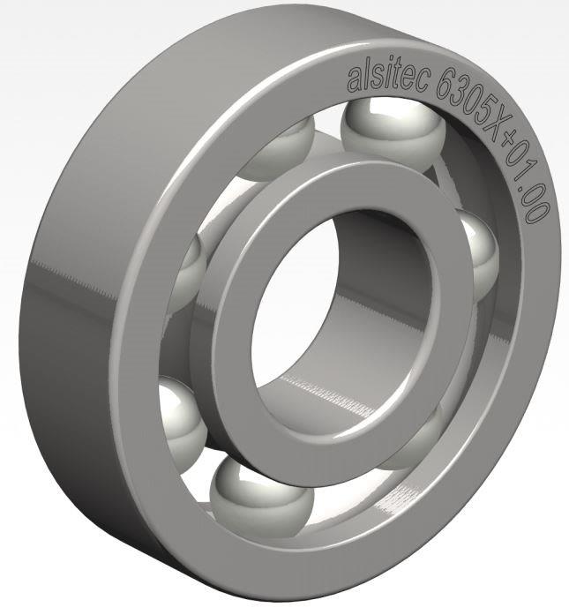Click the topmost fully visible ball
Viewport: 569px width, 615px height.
[x=393, y=132]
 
